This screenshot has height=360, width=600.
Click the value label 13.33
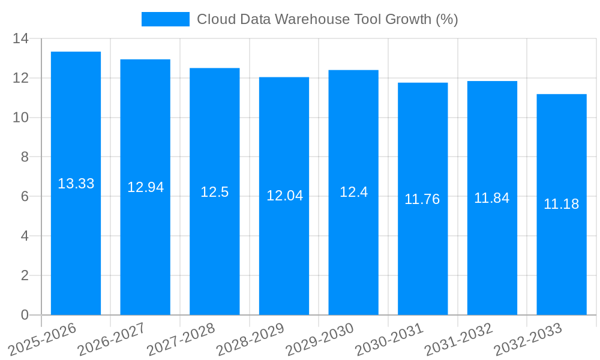76,184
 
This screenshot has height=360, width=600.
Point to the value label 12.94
145,187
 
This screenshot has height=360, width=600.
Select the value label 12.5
214,192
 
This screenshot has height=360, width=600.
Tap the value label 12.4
353,192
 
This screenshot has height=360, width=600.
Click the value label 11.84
491,198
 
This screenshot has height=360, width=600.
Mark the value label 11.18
561,204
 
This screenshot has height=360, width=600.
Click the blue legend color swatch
165,19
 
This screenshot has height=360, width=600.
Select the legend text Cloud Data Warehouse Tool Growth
327,19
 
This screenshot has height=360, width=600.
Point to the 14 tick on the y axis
20,38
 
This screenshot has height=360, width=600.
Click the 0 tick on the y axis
25,315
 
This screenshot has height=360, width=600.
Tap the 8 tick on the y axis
25,157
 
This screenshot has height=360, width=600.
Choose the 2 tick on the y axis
25,275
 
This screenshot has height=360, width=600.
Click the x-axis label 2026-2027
111,340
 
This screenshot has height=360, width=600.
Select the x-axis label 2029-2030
319,340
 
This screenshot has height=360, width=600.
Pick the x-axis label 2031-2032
458,340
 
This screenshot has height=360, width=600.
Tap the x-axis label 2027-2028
181,340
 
